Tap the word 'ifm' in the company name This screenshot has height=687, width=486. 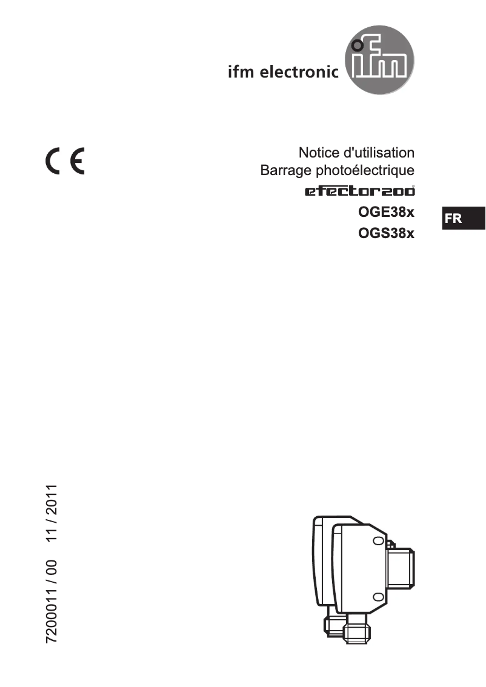tap(241, 73)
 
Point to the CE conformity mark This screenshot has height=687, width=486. tap(64, 162)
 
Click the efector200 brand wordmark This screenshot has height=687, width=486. tap(359, 192)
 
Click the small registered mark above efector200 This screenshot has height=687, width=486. tap(414, 185)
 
